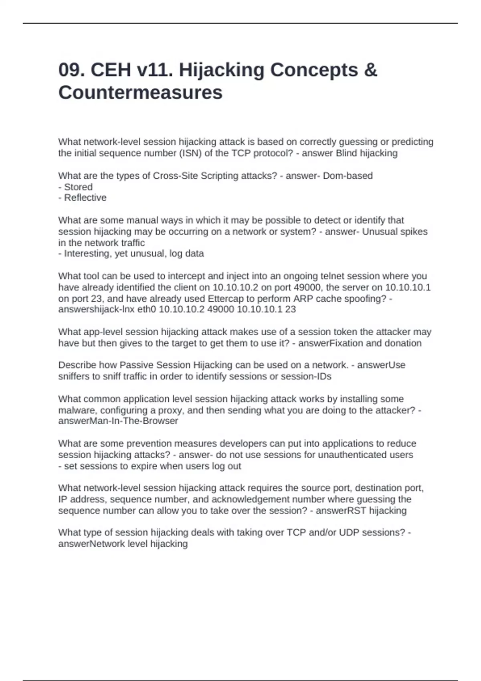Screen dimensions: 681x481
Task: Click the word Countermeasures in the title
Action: [x=140, y=93]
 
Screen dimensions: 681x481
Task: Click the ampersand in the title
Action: [x=371, y=70]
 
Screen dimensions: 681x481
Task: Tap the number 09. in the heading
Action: [x=72, y=70]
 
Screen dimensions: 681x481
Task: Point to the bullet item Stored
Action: [x=78, y=187]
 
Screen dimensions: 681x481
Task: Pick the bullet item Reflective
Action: [x=85, y=197]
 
